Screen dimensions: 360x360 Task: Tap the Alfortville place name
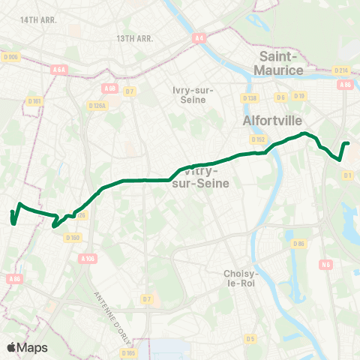pyautogui.click(x=272, y=119)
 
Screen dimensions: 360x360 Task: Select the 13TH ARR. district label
pyautogui.click(x=135, y=37)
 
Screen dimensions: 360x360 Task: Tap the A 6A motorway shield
pyautogui.click(x=60, y=68)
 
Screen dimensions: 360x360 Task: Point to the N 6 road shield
pyautogui.click(x=325, y=264)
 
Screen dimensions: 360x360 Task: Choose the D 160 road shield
pyautogui.click(x=72, y=238)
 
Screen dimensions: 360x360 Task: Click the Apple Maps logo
pyautogui.click(x=27, y=347)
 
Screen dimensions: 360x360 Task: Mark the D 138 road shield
pyautogui.click(x=250, y=97)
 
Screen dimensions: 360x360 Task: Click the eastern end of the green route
pyautogui.click(x=349, y=143)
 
